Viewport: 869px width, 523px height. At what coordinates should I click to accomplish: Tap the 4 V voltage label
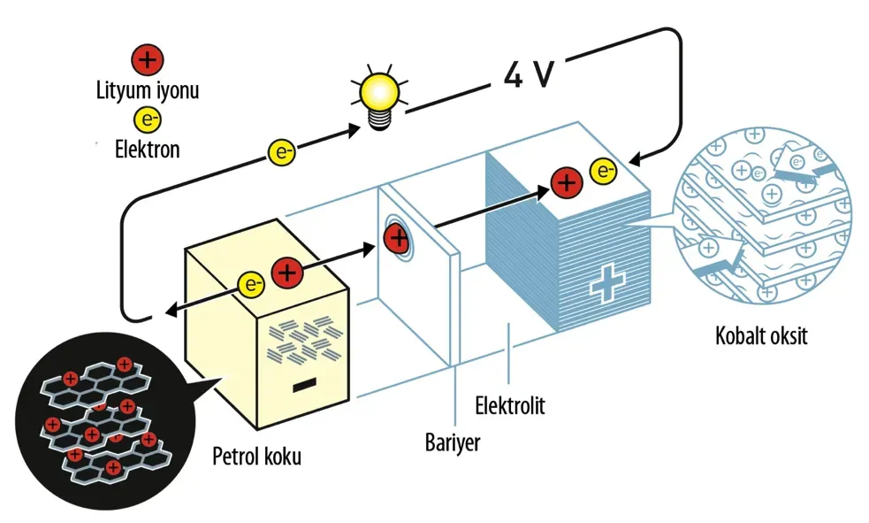[529, 74]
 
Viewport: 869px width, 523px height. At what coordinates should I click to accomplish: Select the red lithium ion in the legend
[146, 61]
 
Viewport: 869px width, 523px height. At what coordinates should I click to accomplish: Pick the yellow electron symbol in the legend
[146, 119]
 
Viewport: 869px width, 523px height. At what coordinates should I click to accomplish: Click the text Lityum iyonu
[147, 90]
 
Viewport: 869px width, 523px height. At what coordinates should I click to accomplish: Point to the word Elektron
[147, 149]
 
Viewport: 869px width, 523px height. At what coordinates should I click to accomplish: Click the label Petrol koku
[257, 457]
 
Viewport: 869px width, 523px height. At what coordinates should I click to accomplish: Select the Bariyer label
[453, 441]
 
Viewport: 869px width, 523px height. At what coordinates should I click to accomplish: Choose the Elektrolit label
[510, 406]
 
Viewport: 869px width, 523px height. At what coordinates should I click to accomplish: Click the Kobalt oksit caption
[762, 336]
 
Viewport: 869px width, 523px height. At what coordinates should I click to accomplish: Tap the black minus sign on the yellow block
[304, 385]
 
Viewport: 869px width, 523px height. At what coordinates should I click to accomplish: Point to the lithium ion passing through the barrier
[397, 237]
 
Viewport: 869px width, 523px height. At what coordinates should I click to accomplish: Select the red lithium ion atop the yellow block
[286, 273]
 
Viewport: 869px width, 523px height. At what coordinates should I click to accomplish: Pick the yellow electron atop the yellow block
[252, 285]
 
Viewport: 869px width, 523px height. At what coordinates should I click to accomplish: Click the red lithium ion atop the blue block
[566, 182]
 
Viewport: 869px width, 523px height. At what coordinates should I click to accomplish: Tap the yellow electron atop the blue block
[603, 171]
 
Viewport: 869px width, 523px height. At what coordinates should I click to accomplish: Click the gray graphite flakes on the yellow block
[302, 341]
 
